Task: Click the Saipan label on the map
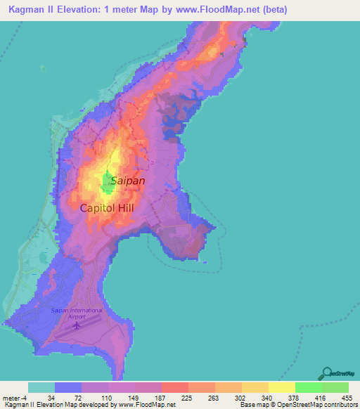pyautogui.click(x=128, y=181)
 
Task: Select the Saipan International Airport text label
pyautogui.click(x=77, y=313)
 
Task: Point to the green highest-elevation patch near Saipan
pyautogui.click(x=109, y=183)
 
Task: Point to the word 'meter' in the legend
pyautogui.click(x=13, y=397)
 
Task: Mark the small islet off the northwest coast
pyautogui.click(x=43, y=69)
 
